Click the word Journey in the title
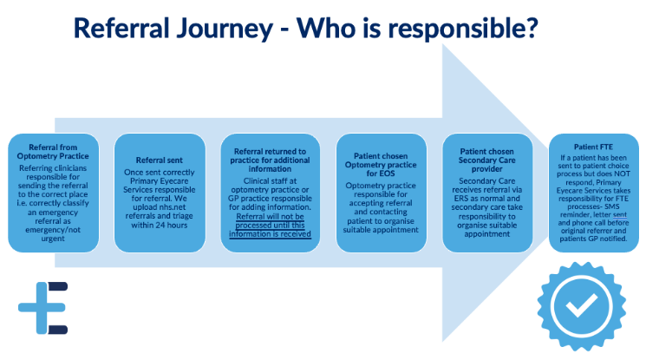click(x=224, y=29)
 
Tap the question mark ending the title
click(x=532, y=27)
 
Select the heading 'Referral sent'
click(x=160, y=160)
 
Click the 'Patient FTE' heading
click(x=593, y=147)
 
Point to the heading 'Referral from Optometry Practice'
click(x=53, y=151)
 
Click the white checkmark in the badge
click(x=581, y=306)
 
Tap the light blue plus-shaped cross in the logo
click(x=42, y=308)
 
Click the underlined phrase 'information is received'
click(x=270, y=234)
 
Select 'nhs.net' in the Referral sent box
click(x=173, y=207)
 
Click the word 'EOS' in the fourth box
click(x=387, y=173)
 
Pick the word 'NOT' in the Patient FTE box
click(x=622, y=173)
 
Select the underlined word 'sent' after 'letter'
click(x=620, y=215)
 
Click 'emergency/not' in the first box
click(x=53, y=230)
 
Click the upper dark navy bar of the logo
click(x=58, y=285)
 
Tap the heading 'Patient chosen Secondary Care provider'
click(x=487, y=160)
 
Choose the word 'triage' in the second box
click(x=183, y=216)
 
